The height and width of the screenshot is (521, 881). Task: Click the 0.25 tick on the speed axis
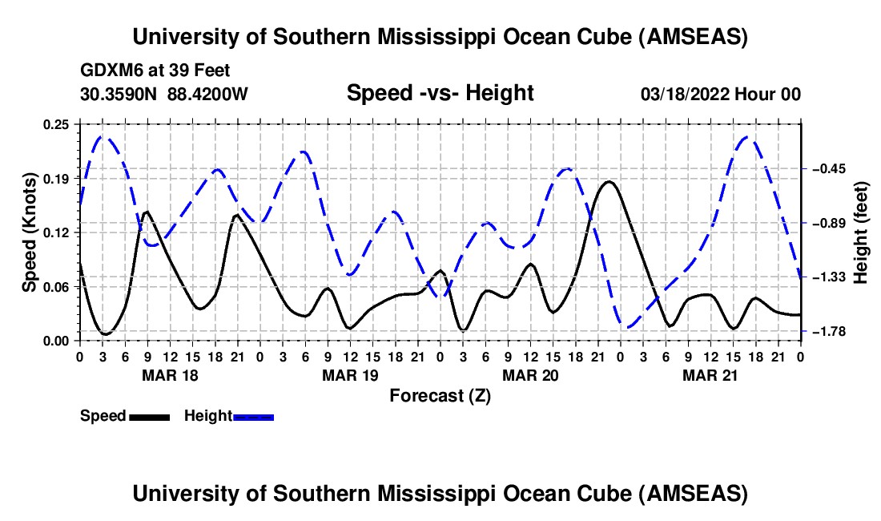(58, 124)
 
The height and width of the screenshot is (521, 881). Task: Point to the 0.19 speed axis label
(58, 178)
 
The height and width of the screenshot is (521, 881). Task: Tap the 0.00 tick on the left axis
(58, 341)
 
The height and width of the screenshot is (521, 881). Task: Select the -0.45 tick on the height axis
(831, 169)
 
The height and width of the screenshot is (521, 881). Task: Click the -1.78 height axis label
(831, 331)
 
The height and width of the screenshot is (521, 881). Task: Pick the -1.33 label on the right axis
(831, 277)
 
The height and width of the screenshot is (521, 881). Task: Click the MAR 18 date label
(170, 374)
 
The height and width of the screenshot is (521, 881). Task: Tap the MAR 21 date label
(710, 374)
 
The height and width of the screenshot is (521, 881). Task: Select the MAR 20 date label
(529, 374)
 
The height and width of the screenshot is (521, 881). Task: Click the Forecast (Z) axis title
(440, 395)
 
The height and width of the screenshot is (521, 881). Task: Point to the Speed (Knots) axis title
(30, 232)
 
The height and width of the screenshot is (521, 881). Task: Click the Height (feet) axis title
(862, 232)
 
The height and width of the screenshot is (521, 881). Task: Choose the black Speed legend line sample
(148, 417)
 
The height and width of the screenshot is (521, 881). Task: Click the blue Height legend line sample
(253, 417)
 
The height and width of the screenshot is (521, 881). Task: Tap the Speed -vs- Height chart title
(440, 93)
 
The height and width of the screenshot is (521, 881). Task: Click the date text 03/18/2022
(686, 95)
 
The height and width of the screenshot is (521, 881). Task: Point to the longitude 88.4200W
(208, 95)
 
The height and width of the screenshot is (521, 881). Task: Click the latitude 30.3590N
(120, 95)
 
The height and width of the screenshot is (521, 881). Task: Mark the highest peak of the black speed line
(609, 182)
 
